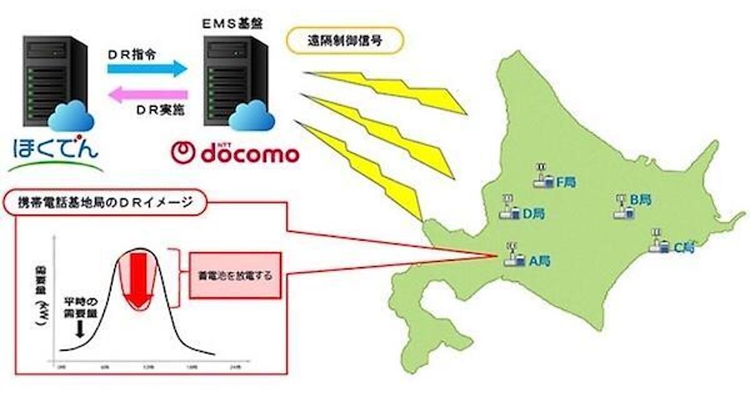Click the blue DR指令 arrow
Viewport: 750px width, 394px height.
click(147, 68)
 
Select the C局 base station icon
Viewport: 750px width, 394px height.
click(657, 241)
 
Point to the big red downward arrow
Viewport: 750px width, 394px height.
click(139, 279)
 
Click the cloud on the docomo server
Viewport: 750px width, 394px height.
click(251, 114)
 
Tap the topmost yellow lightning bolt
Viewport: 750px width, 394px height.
click(384, 91)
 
